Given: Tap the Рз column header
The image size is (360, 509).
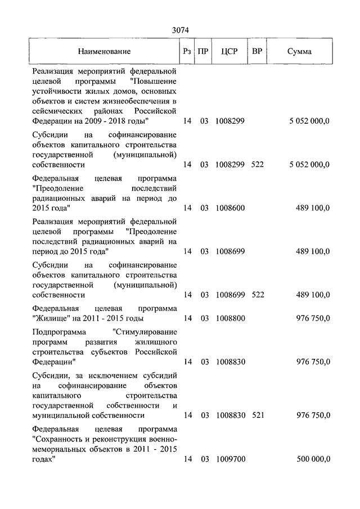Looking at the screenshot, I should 187,52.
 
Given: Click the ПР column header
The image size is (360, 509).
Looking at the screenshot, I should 204,52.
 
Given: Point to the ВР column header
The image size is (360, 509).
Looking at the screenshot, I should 257,52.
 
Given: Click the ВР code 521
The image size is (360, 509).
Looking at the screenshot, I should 257,416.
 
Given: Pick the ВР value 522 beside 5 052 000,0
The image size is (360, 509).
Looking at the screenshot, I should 257,165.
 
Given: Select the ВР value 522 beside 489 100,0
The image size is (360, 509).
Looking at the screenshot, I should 257,294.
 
